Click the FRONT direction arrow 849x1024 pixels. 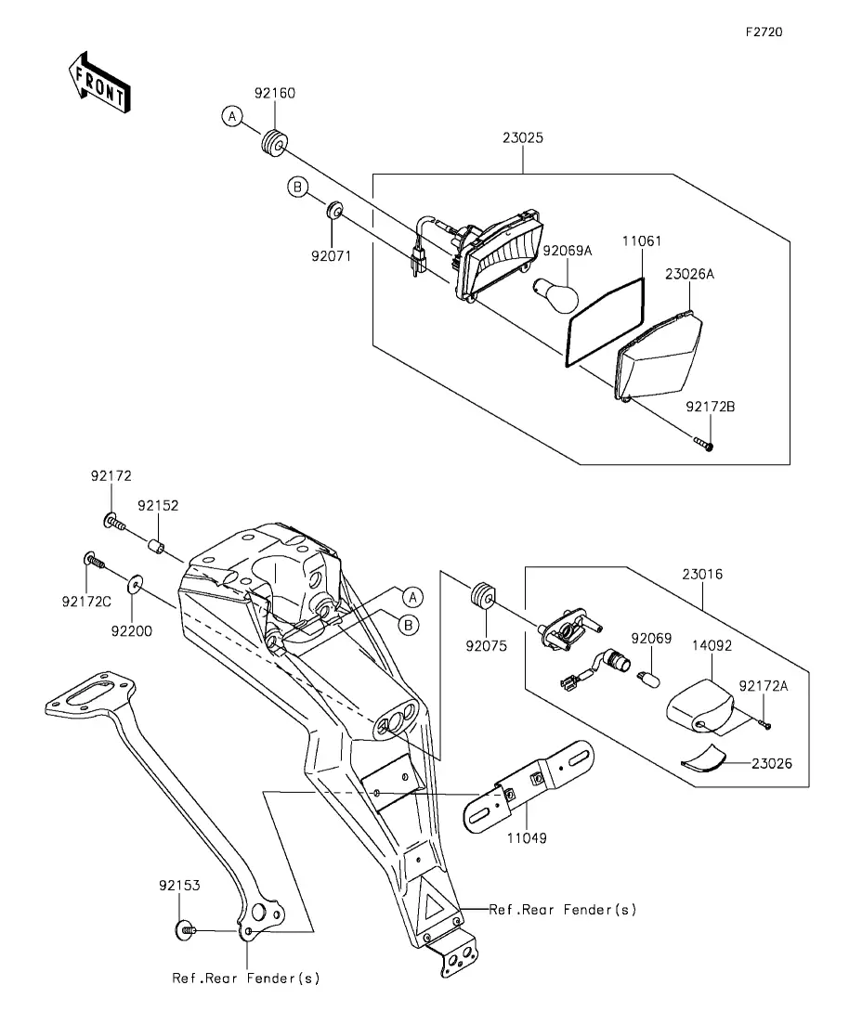tap(99, 82)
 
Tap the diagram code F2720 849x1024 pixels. tap(764, 32)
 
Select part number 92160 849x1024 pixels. tap(275, 93)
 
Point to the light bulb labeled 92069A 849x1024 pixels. tap(556, 294)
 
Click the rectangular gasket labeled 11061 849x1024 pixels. tap(606, 321)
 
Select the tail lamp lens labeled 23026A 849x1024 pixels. tap(659, 356)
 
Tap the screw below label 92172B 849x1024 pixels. tap(704, 445)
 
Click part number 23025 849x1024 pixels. tap(523, 137)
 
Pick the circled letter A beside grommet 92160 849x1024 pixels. tap(232, 116)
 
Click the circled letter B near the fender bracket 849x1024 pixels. tap(409, 625)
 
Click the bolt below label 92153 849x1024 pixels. tap(187, 929)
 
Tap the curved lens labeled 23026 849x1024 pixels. tap(703, 758)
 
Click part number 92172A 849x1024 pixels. tap(764, 686)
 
